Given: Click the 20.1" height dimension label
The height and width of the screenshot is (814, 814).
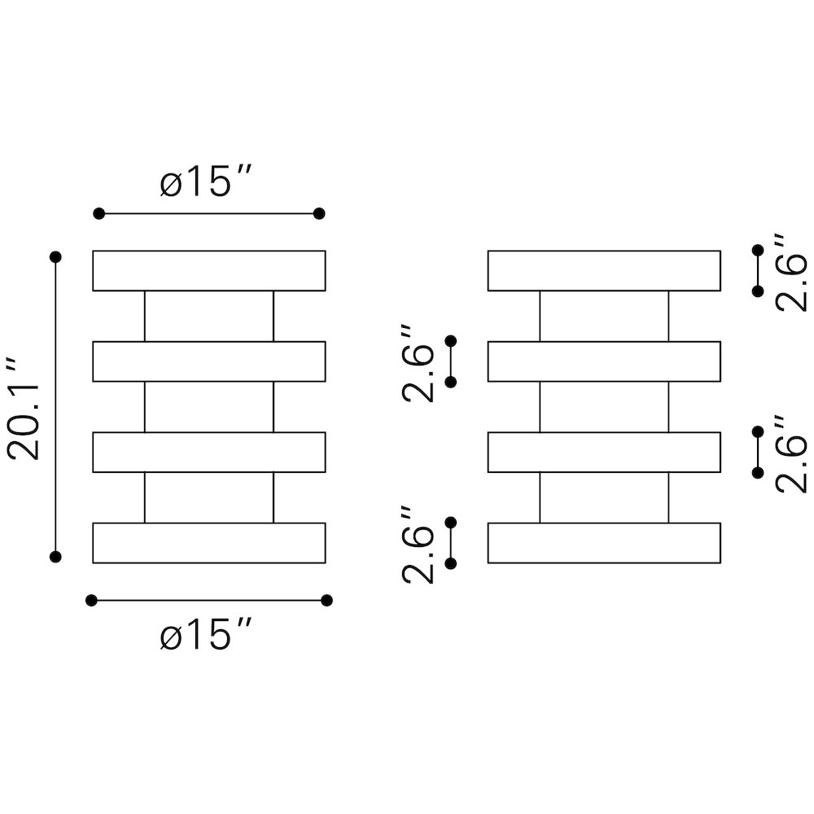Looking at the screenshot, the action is pyautogui.click(x=23, y=408).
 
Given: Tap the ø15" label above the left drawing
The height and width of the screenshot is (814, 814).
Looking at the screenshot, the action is pyautogui.click(x=206, y=182).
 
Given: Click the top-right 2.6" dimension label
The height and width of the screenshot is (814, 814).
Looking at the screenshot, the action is pyautogui.click(x=791, y=272).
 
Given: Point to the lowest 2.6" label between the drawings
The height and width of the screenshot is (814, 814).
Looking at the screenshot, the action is pyautogui.click(x=418, y=545).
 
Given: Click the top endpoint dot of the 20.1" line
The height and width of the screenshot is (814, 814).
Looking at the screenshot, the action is pyautogui.click(x=55, y=257).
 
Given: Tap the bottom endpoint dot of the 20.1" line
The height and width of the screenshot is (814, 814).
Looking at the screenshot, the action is pyautogui.click(x=55, y=557).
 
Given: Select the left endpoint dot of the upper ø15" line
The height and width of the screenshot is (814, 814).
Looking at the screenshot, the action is pyautogui.click(x=98, y=213).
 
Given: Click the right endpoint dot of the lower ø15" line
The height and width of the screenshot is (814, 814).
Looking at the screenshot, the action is pyautogui.click(x=326, y=601).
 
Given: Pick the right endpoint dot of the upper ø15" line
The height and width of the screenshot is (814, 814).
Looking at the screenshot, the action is pyautogui.click(x=319, y=213).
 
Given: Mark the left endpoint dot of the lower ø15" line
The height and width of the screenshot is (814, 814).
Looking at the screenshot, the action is pyautogui.click(x=91, y=601).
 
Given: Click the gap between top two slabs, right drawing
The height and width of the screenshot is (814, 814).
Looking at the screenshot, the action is pyautogui.click(x=604, y=316).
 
